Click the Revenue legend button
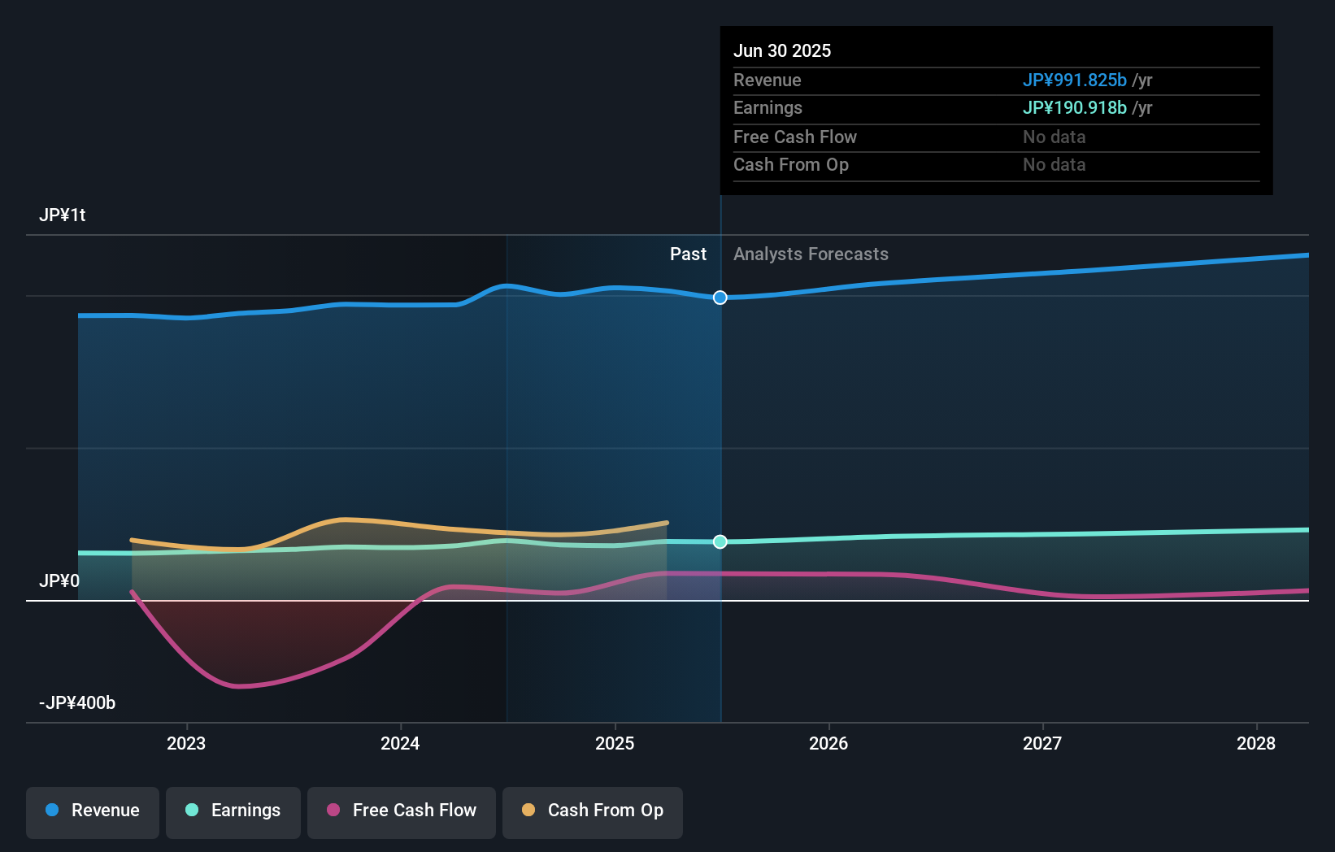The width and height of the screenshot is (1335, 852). click(93, 811)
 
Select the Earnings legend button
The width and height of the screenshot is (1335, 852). click(233, 811)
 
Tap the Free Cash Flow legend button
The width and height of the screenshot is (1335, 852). click(402, 811)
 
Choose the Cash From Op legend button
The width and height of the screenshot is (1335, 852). click(593, 811)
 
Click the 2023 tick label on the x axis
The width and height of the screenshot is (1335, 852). click(186, 743)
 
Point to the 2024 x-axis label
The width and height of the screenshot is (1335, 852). click(400, 743)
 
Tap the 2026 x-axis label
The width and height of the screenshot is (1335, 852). click(828, 743)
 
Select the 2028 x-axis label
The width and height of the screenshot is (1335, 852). click(1256, 743)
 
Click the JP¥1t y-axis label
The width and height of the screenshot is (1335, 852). click(63, 215)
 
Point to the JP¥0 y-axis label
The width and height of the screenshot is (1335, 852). click(59, 581)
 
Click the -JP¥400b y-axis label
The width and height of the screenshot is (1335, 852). click(77, 703)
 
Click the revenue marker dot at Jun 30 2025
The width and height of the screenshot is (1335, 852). click(720, 298)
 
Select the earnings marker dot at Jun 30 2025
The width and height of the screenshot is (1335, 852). click(720, 541)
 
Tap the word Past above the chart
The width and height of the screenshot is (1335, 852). click(688, 254)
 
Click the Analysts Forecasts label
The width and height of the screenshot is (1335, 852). click(811, 254)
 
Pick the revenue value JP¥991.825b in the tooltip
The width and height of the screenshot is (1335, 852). click(1074, 80)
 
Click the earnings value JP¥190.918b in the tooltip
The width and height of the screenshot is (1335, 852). click(1074, 108)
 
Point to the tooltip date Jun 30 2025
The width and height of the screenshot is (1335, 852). click(782, 51)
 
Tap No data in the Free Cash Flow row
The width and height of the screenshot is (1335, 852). click(1054, 137)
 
